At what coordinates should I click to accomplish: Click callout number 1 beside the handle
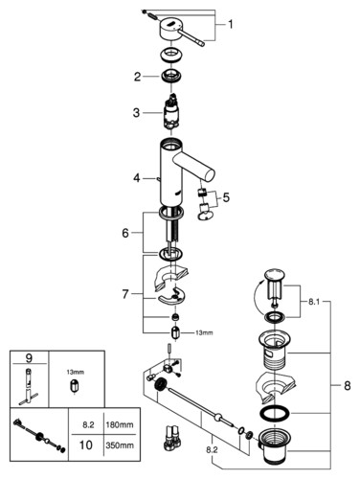coord(230,24)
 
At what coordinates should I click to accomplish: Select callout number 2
coord(137,77)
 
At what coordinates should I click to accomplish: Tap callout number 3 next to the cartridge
coord(136,113)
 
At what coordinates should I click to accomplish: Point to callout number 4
coord(137,178)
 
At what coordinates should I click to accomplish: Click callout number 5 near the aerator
coord(226,197)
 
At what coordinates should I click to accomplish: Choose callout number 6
coord(125,233)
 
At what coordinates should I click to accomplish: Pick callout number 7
coord(125,294)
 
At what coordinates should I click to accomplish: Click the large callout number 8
coord(348,386)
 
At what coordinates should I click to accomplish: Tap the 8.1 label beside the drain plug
coord(314,302)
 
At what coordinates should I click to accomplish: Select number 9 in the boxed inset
coord(29,358)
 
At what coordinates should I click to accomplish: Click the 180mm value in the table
coord(120,425)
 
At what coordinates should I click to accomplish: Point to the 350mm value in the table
coord(120,445)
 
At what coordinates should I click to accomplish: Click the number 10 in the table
coord(85,445)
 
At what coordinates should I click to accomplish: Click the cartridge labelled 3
coord(170,112)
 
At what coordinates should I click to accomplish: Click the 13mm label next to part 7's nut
coord(204,332)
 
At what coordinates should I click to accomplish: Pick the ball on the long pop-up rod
coord(217,417)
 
